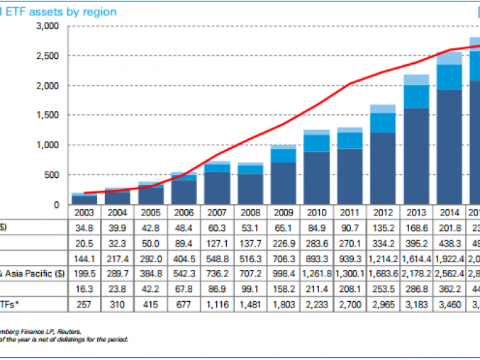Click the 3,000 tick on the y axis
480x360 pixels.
pos(46,26)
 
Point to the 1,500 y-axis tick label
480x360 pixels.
pos(46,116)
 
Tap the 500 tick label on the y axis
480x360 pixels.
pos(50,175)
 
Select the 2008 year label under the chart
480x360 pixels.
pos(250,212)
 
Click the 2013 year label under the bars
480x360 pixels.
pos(417,212)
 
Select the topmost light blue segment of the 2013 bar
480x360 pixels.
pos(417,79)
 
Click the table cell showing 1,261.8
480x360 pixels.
pos(316,273)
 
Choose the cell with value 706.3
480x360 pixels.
pos(283,258)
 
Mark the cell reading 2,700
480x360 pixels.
pos(350,303)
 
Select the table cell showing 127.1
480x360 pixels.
pos(216,242)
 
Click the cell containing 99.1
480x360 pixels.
pos(250,288)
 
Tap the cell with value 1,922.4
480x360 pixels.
pos(450,258)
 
